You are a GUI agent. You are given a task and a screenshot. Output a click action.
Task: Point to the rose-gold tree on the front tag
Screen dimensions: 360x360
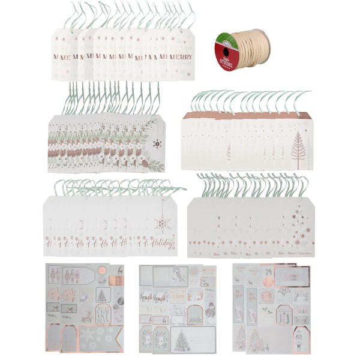pyautogui.click(x=298, y=147)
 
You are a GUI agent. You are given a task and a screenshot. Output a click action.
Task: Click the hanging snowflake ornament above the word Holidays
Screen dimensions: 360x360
pyautogui.click(x=162, y=224)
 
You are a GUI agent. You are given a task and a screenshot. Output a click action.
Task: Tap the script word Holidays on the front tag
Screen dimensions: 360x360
pyautogui.click(x=164, y=243)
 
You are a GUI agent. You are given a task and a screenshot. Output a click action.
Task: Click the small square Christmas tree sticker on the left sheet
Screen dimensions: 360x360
pyautogui.click(x=102, y=295)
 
